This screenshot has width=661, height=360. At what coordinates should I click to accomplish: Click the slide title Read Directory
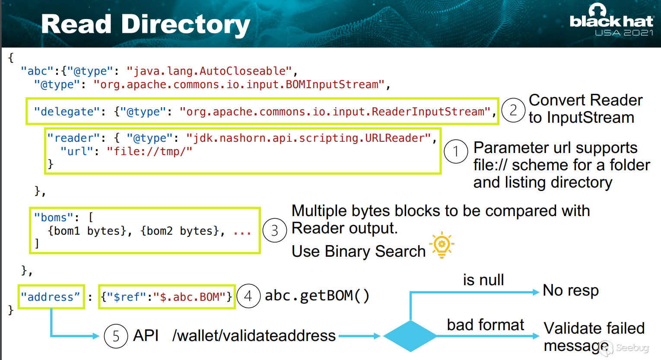146,24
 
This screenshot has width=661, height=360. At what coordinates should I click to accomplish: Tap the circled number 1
456,151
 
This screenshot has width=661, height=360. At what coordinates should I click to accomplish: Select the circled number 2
513,111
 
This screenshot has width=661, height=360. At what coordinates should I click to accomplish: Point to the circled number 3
274,231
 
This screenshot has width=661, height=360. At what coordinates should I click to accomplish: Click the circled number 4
248,296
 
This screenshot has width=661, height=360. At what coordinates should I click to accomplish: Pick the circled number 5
116,336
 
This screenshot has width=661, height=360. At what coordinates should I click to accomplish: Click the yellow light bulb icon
442,245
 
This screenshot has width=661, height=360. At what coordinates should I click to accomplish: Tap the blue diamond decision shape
410,336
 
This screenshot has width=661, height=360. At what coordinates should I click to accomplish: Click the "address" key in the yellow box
51,297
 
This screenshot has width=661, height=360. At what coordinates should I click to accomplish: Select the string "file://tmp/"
149,151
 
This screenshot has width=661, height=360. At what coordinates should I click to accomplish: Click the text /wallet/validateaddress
254,336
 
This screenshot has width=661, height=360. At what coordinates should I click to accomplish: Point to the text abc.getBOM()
317,296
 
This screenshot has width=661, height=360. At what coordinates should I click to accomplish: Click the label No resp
571,290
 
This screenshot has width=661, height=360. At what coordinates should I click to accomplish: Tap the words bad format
485,325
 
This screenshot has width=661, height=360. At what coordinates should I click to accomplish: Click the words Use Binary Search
359,251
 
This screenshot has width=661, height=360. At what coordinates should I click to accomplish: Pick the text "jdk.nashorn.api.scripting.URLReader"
309,138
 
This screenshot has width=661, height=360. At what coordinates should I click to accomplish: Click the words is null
483,280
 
